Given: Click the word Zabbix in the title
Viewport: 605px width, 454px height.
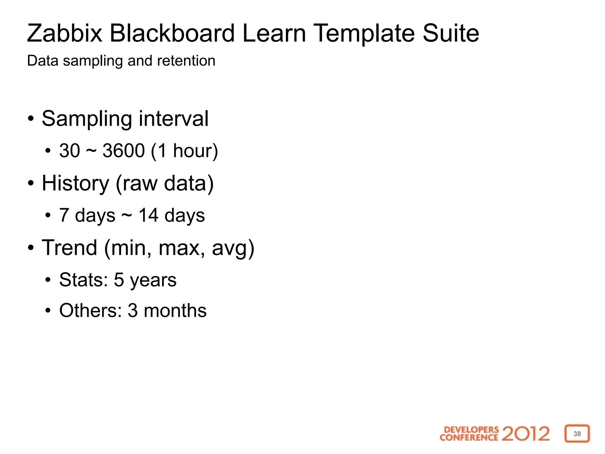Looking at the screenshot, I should (x=65, y=33).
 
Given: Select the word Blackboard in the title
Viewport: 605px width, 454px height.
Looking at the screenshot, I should (x=172, y=33).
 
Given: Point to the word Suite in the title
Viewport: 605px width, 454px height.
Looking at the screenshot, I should (x=451, y=33).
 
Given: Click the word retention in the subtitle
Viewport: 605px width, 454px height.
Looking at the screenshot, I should (x=186, y=61).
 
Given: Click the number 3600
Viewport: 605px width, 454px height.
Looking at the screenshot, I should (x=123, y=151).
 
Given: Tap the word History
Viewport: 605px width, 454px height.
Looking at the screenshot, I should (x=75, y=184).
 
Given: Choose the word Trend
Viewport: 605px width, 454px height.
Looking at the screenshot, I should (x=69, y=248).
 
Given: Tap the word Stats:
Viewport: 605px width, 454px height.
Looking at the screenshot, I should (x=83, y=280).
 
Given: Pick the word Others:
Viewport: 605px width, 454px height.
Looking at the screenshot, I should (x=90, y=310).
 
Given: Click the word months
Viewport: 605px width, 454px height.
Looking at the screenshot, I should (x=175, y=311).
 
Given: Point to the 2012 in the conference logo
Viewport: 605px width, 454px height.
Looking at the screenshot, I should (x=526, y=434).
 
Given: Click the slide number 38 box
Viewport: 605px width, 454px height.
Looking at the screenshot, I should (x=577, y=434).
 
